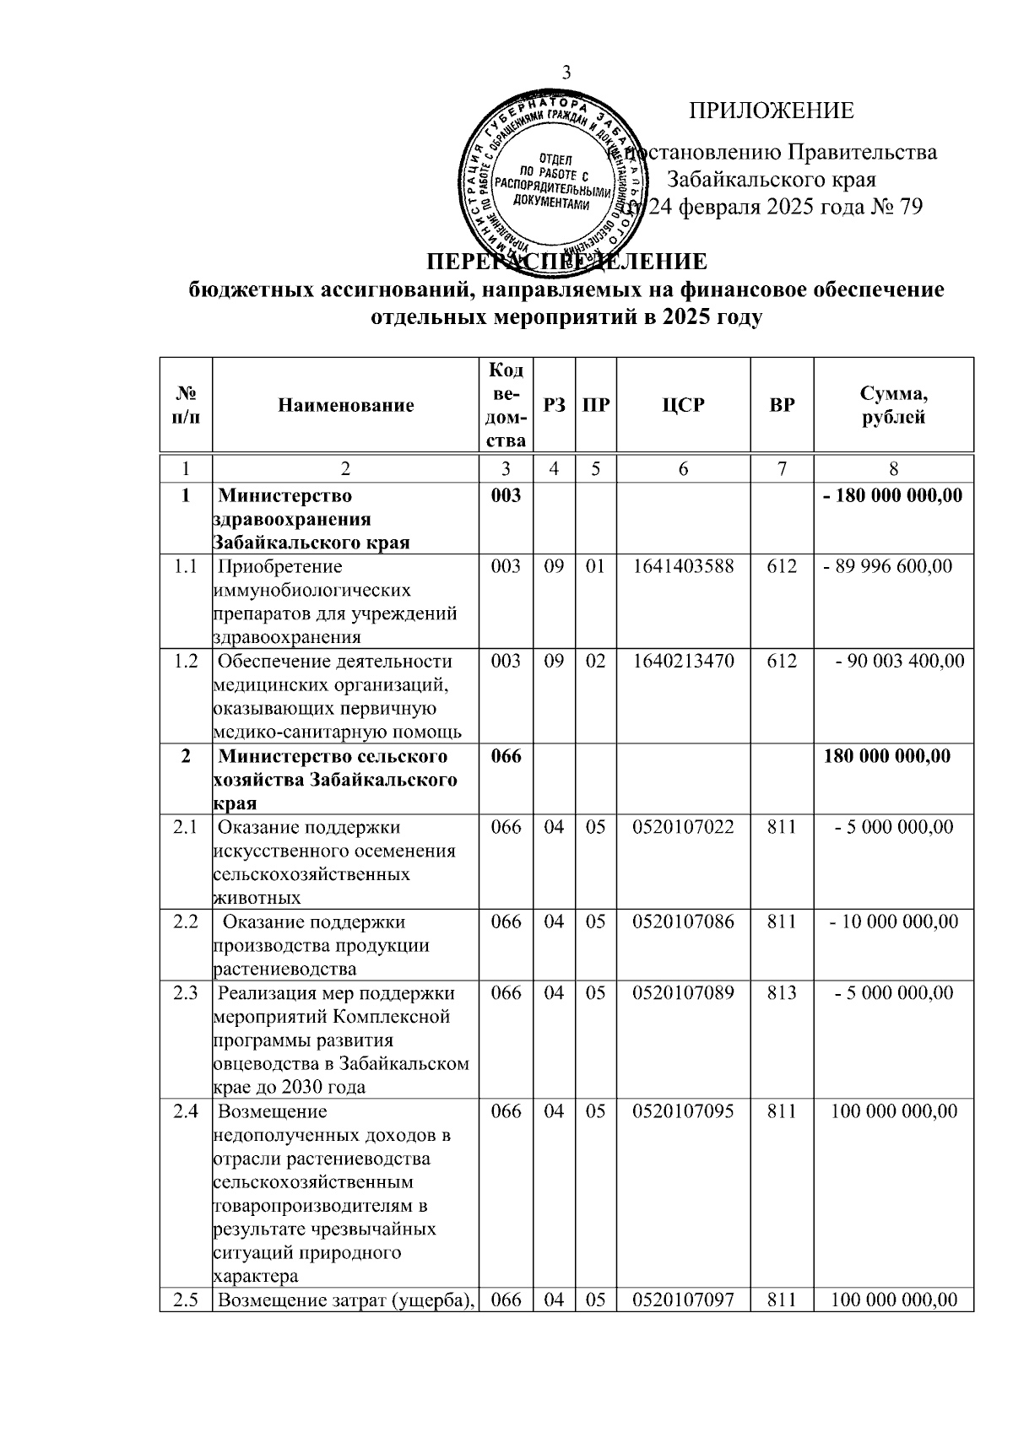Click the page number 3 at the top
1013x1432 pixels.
tap(566, 73)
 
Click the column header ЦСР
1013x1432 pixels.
tap(683, 405)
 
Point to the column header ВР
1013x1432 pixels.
tap(782, 405)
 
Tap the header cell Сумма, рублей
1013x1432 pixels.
tap(893, 405)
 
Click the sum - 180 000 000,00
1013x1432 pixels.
tap(893, 495)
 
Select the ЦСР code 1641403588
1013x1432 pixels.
tap(683, 566)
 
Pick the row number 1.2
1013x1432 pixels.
tap(185, 661)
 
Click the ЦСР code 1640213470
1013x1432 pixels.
tap(683, 661)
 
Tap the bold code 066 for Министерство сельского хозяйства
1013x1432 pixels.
tap(506, 756)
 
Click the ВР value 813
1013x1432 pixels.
tap(782, 992)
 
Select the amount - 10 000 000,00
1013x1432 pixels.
tap(894, 921)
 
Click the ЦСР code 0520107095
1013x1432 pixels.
tap(683, 1110)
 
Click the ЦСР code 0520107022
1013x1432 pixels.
tap(683, 827)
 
